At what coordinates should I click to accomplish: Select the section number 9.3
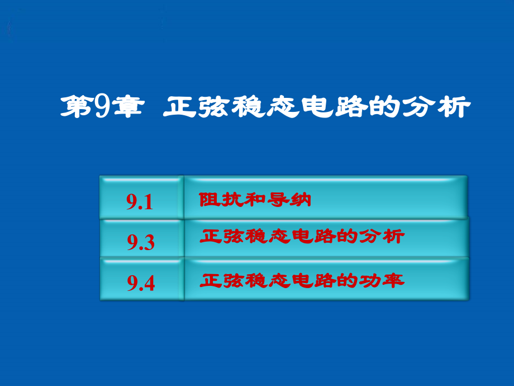(140, 242)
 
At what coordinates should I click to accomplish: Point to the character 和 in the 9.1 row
(255, 200)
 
